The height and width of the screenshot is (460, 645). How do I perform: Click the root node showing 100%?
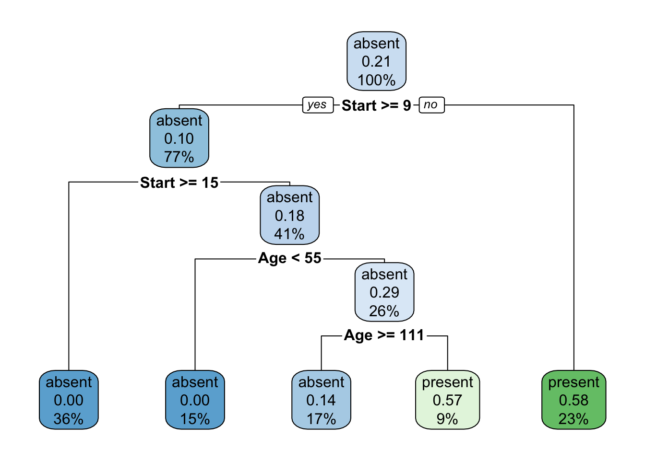[376, 61]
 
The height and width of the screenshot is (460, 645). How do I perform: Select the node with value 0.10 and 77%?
[179, 138]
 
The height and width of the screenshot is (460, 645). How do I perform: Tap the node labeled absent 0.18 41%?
[289, 216]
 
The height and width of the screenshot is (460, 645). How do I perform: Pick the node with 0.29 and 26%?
[384, 292]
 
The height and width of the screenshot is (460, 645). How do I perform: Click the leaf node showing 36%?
[69, 400]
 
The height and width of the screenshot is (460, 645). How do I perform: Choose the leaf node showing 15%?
[195, 400]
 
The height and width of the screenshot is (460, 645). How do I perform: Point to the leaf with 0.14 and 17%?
[321, 400]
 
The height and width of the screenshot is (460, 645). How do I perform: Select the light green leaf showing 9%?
[447, 400]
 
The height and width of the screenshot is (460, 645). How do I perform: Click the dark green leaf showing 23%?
[573, 400]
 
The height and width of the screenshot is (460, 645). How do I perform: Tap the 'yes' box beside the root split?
[317, 105]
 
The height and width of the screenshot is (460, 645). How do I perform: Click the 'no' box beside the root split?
[431, 105]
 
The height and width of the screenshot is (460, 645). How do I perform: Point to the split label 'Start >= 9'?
[376, 105]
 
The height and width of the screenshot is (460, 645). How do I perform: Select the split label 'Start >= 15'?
[179, 183]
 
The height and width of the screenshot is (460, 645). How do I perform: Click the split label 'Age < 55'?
[289, 258]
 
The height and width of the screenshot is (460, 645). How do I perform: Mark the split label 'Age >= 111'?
[384, 335]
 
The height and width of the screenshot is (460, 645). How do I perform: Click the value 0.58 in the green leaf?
[573, 400]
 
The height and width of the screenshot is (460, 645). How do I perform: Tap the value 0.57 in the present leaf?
[447, 400]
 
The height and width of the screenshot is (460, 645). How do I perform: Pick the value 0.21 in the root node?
[376, 61]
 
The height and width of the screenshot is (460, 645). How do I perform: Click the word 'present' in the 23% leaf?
[573, 382]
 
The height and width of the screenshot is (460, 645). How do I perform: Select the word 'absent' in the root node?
[376, 44]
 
